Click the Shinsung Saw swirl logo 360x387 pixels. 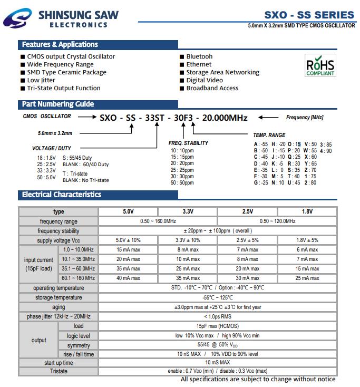pyautogui.click(x=17, y=20)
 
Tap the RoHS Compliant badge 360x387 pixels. pyautogui.click(x=320, y=67)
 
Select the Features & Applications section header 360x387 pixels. pyautogui.click(x=60, y=45)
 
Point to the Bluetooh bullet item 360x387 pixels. pyautogui.click(x=199, y=56)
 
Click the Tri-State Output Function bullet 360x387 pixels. pyautogui.click(x=64, y=88)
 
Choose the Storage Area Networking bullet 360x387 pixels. pyautogui.click(x=222, y=72)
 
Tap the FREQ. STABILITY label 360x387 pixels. pyautogui.click(x=188, y=143)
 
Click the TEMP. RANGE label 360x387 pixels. pyautogui.click(x=269, y=136)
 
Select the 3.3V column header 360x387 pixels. pyautogui.click(x=188, y=211)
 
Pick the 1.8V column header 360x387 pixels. pyautogui.click(x=307, y=211)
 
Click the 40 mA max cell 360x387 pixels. pyautogui.click(x=128, y=278)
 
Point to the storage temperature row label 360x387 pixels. pyautogui.click(x=59, y=298)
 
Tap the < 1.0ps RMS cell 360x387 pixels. pyautogui.click(x=218, y=316)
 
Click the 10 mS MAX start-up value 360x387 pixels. pyautogui.click(x=217, y=363)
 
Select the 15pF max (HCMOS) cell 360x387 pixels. pyautogui.click(x=217, y=326)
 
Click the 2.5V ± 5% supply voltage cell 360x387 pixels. pyautogui.click(x=247, y=240)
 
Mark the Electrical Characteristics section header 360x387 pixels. pyautogui.click(x=62, y=195)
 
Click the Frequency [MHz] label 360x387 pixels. pyautogui.click(x=305, y=118)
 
